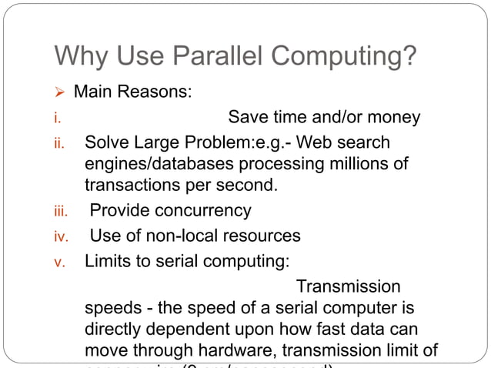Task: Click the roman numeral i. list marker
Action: click(x=56, y=119)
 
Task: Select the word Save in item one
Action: click(x=248, y=117)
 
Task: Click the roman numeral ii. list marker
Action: click(x=58, y=144)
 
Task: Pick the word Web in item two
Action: click(x=313, y=142)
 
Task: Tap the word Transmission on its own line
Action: click(x=348, y=286)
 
